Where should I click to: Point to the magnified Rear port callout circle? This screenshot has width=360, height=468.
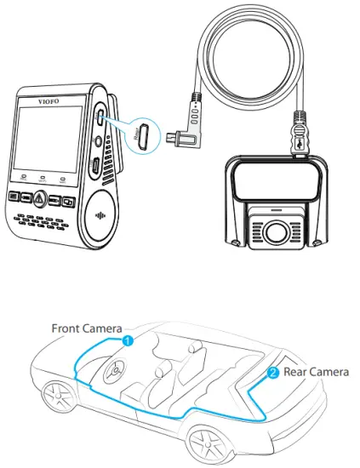click(144, 133)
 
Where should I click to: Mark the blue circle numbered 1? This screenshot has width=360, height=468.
click(127, 340)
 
